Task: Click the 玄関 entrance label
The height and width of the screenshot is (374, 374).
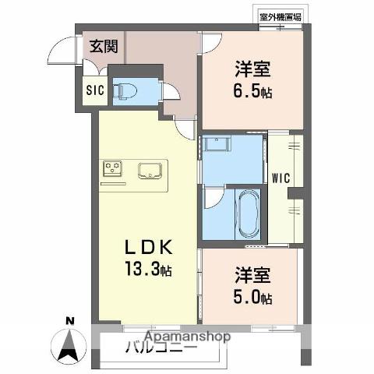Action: [x=103, y=46]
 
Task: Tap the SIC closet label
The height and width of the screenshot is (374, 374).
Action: [x=94, y=88]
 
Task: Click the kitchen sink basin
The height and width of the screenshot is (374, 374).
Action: [x=150, y=170]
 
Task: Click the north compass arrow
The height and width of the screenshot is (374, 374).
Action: [x=71, y=342]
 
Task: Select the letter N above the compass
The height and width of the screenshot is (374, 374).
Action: [x=70, y=320]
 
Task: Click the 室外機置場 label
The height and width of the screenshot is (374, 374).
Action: [x=280, y=15]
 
